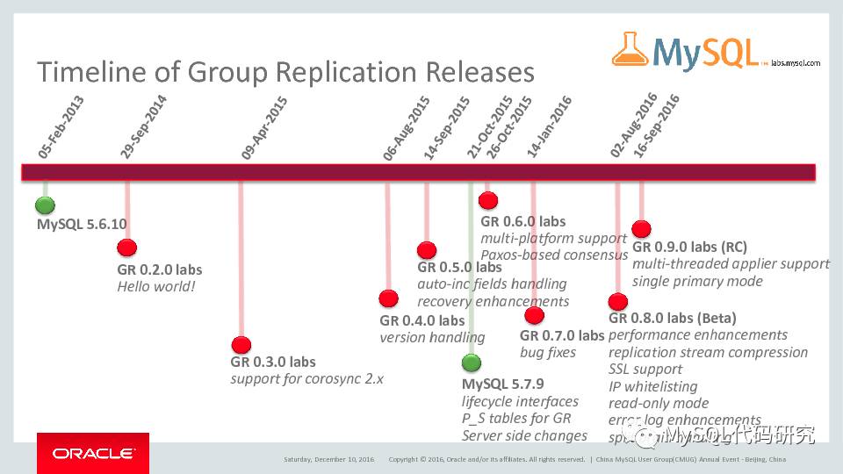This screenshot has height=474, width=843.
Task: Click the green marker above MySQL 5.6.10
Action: click(x=45, y=205)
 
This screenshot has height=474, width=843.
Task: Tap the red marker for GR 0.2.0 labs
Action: click(x=127, y=248)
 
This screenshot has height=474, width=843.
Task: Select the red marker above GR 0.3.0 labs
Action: click(x=241, y=345)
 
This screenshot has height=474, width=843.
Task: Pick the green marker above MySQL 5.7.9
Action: click(x=472, y=363)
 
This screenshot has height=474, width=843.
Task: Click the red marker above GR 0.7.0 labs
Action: click(x=533, y=316)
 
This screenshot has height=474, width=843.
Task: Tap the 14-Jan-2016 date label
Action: click(x=549, y=126)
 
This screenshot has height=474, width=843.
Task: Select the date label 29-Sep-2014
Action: click(x=143, y=127)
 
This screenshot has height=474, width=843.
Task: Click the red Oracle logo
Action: click(x=92, y=453)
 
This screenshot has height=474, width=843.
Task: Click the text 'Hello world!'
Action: click(x=156, y=286)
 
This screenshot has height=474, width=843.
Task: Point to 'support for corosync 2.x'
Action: click(x=306, y=378)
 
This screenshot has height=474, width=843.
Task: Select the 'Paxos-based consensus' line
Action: click(x=554, y=255)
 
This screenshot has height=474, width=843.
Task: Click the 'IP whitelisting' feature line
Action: click(x=652, y=386)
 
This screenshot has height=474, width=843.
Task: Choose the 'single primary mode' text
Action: click(x=697, y=281)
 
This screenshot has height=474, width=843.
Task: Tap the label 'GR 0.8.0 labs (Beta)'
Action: click(x=672, y=318)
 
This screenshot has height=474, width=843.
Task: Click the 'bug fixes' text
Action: click(x=548, y=352)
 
